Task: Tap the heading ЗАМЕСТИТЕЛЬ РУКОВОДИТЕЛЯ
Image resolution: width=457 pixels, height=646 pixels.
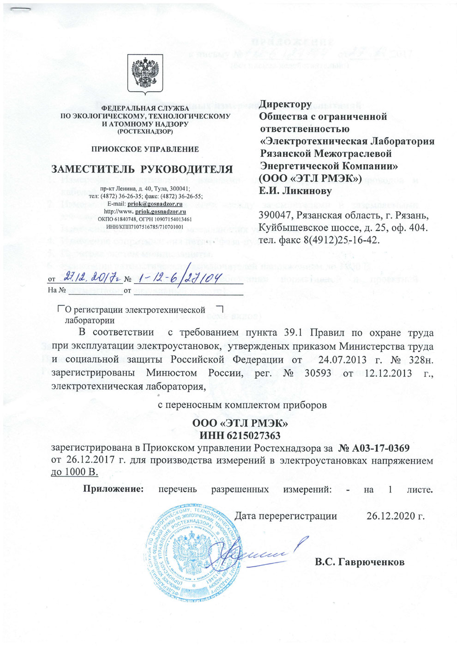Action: [x=142, y=169]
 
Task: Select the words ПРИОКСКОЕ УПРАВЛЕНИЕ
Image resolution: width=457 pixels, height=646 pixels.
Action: [x=145, y=149]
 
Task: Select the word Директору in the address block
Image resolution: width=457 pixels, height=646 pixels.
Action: [x=285, y=105]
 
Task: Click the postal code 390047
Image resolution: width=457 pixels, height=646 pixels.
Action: [x=276, y=215]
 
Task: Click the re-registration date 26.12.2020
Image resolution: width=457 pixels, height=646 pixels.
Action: [x=395, y=516]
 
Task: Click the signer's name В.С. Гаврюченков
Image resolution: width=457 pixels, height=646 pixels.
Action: [x=360, y=562]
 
